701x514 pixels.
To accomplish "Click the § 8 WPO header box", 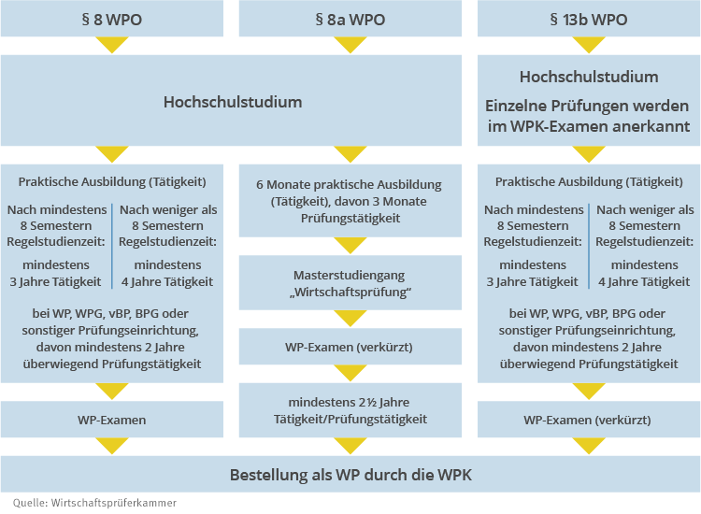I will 112,19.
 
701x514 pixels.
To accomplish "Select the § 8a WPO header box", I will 350,19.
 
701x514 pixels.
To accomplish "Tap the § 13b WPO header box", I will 588,19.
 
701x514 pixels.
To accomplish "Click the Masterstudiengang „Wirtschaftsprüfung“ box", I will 350,283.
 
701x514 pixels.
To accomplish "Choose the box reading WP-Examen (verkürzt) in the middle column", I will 350,347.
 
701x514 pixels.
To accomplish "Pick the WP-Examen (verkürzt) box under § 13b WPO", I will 588,420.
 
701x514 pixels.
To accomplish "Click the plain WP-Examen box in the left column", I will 112,420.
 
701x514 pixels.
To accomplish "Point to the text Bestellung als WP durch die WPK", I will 350,476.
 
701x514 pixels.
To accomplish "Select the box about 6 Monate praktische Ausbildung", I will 350,201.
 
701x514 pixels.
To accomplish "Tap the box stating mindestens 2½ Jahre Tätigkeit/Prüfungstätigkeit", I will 350,410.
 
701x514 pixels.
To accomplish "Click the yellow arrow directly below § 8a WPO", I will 350,45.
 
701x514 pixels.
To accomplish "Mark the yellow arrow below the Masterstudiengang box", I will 350,319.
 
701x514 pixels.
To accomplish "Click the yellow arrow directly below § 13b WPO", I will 588,45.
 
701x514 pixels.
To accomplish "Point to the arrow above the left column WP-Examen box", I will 112,392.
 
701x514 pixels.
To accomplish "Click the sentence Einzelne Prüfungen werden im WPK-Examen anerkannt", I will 588,116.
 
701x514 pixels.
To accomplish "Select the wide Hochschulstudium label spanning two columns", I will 233,101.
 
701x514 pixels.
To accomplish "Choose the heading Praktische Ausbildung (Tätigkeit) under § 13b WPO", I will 588,181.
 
